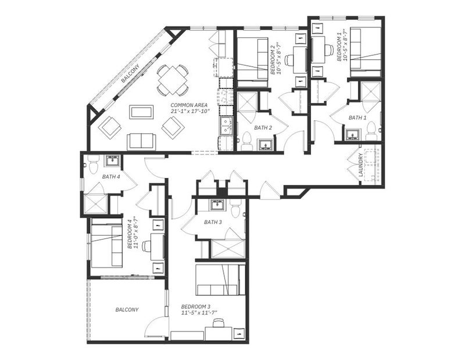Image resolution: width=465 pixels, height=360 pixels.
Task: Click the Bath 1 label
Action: [x=357, y=118]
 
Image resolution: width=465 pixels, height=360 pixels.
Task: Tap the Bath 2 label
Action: [x=263, y=128]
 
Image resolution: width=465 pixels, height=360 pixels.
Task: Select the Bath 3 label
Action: [x=213, y=222]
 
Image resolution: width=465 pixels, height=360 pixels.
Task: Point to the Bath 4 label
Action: [x=111, y=177]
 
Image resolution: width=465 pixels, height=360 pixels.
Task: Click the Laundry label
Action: [x=360, y=165]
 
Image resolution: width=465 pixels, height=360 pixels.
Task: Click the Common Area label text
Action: [x=189, y=105]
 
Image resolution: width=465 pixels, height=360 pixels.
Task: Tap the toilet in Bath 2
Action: [x=246, y=141]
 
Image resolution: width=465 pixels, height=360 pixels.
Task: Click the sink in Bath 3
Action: [x=218, y=205]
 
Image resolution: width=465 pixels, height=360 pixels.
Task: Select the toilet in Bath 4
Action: [x=94, y=165]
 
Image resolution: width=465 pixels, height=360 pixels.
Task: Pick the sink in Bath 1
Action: [x=353, y=135]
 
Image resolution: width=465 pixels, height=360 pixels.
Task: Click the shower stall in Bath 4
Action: [x=96, y=204]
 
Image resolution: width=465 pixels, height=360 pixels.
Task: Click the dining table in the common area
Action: [x=172, y=80]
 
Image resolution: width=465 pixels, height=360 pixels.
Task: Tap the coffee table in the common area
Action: [x=141, y=112]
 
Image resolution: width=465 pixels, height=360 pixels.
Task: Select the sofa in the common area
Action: [x=141, y=141]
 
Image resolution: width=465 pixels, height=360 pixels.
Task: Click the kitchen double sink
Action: [x=227, y=126]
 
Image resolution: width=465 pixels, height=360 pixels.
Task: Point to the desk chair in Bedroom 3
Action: [x=219, y=322]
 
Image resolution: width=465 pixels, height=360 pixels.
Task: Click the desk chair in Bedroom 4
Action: [x=146, y=246]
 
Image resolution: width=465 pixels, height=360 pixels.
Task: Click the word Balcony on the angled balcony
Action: [x=130, y=74]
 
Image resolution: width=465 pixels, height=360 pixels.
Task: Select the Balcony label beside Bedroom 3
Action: [x=127, y=310]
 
